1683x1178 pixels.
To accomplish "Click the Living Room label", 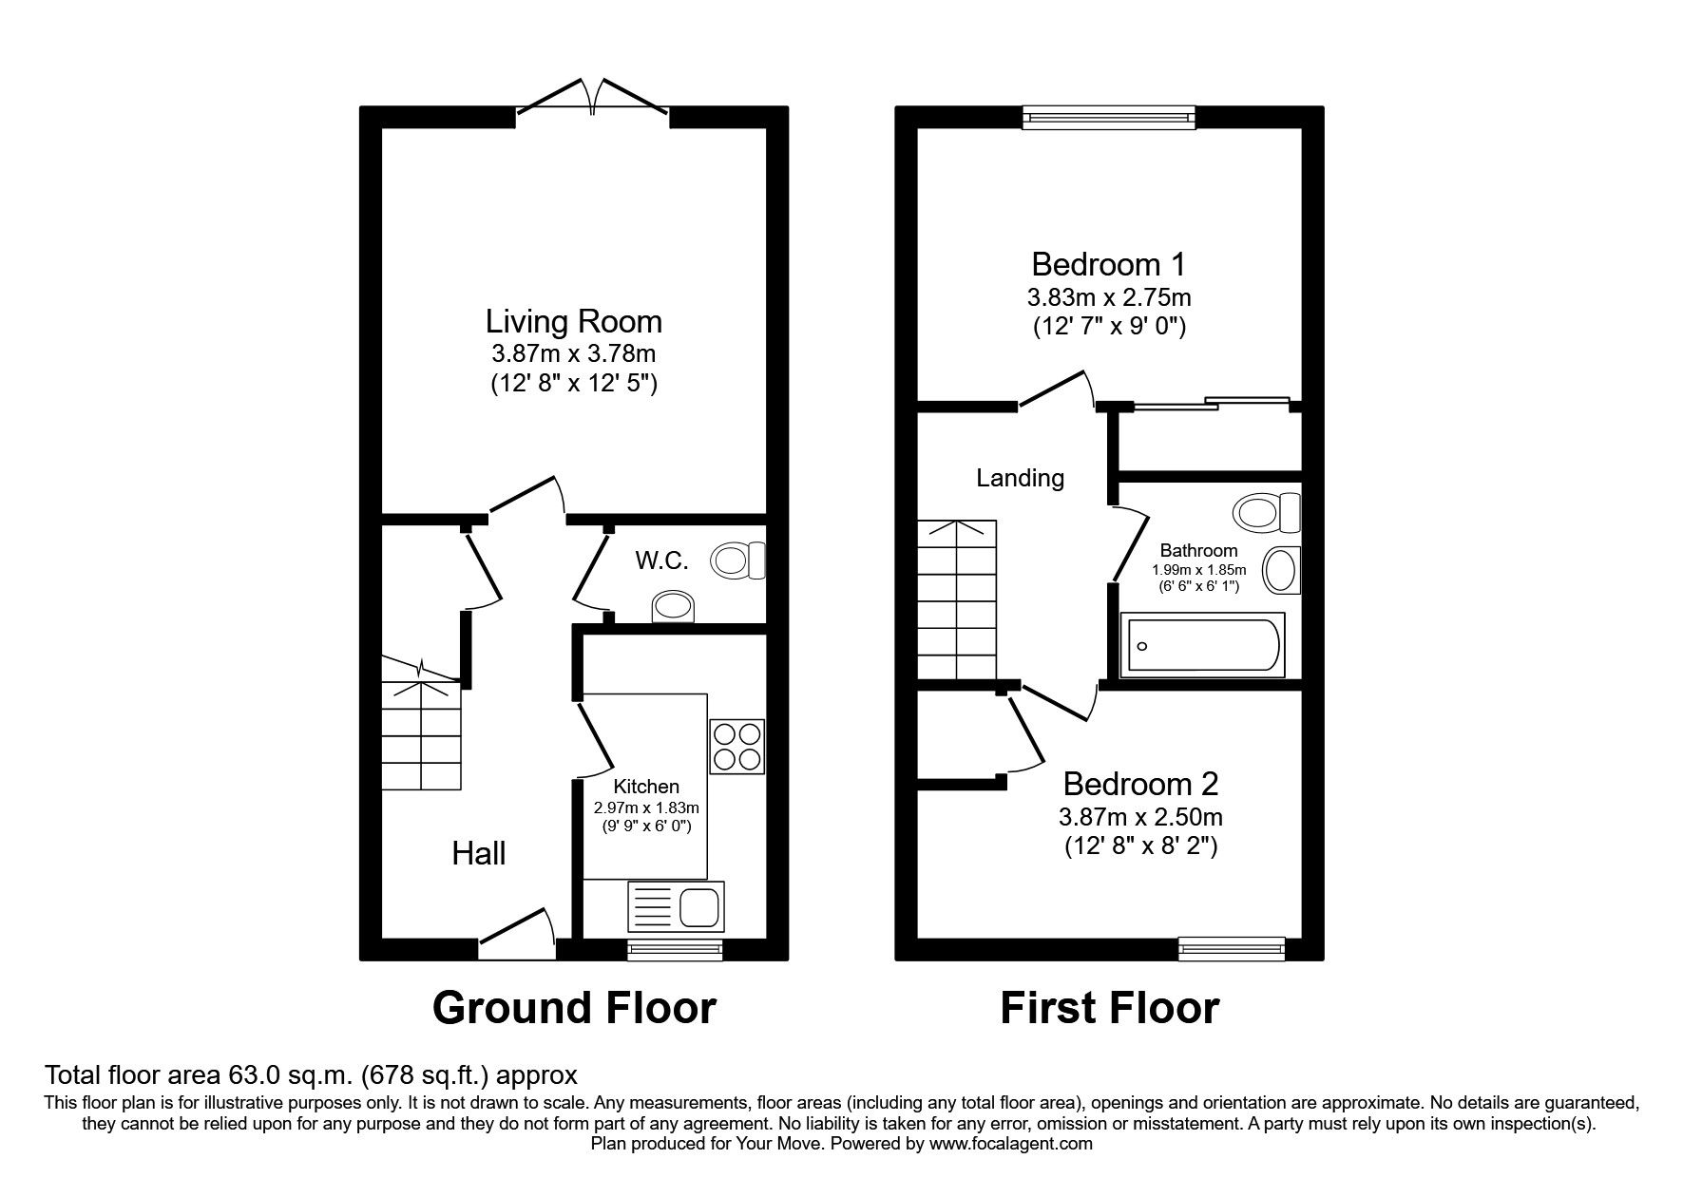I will click(x=574, y=321).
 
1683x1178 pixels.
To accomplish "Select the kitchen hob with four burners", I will click(x=736, y=747).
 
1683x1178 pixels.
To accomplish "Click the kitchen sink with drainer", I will click(x=676, y=905).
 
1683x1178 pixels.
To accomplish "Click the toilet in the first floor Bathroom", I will click(x=1267, y=513).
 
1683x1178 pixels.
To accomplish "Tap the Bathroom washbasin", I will click(x=1281, y=571).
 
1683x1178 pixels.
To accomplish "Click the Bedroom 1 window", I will click(x=1108, y=116).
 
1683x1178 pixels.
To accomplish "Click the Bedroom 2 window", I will click(x=1232, y=946).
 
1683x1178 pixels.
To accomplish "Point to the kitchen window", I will click(x=674, y=947).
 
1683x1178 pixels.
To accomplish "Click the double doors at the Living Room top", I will click(x=593, y=98).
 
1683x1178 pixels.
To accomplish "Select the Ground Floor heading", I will click(x=574, y=1008).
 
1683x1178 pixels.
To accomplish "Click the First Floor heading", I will click(x=1109, y=1008).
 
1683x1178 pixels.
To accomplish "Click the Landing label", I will click(x=1020, y=478).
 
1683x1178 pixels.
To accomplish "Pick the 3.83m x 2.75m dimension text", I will click(x=1109, y=297).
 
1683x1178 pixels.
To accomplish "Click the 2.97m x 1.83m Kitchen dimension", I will click(x=646, y=807).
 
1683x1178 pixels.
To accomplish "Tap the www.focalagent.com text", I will click(x=1010, y=1144).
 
